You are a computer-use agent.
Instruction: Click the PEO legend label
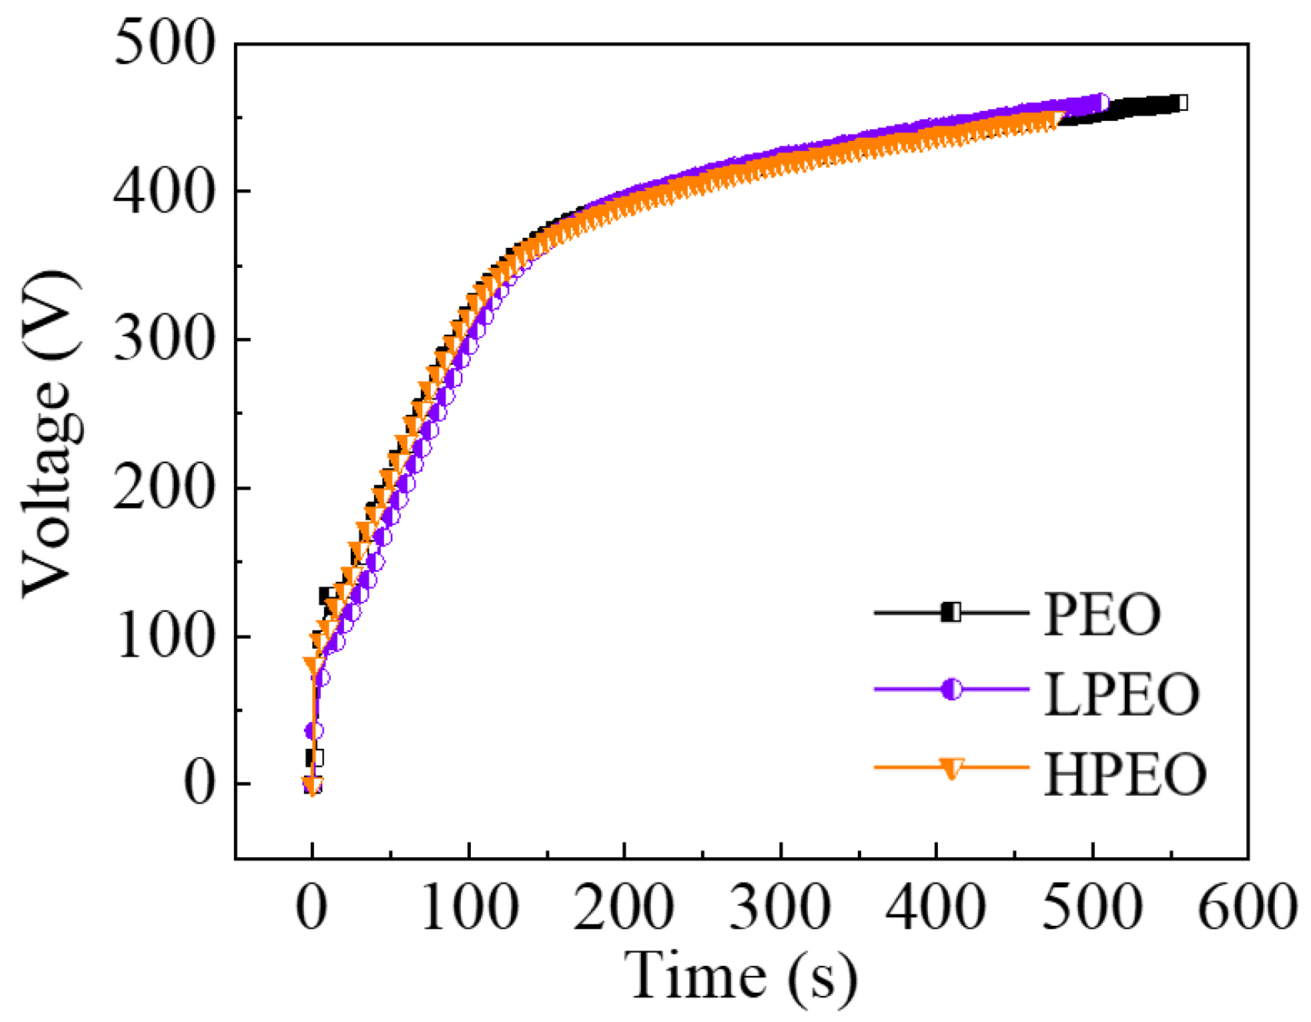click(x=1102, y=614)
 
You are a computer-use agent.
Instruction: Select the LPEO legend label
click(x=1121, y=694)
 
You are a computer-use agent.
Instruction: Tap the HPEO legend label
click(x=1124, y=774)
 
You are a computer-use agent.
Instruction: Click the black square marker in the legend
click(x=952, y=613)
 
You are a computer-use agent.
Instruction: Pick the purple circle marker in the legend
click(x=952, y=690)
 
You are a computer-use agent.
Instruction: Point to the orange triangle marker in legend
click(x=952, y=769)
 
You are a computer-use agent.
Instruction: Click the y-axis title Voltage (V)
click(x=51, y=433)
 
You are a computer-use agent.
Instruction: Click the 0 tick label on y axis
click(x=198, y=785)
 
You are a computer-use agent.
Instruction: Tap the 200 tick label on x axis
click(x=624, y=908)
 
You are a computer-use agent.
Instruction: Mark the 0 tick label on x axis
click(x=312, y=908)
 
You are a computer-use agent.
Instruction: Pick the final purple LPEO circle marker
click(x=1101, y=102)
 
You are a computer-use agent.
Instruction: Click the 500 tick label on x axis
click(x=1092, y=908)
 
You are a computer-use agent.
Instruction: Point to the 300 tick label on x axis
click(x=780, y=908)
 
